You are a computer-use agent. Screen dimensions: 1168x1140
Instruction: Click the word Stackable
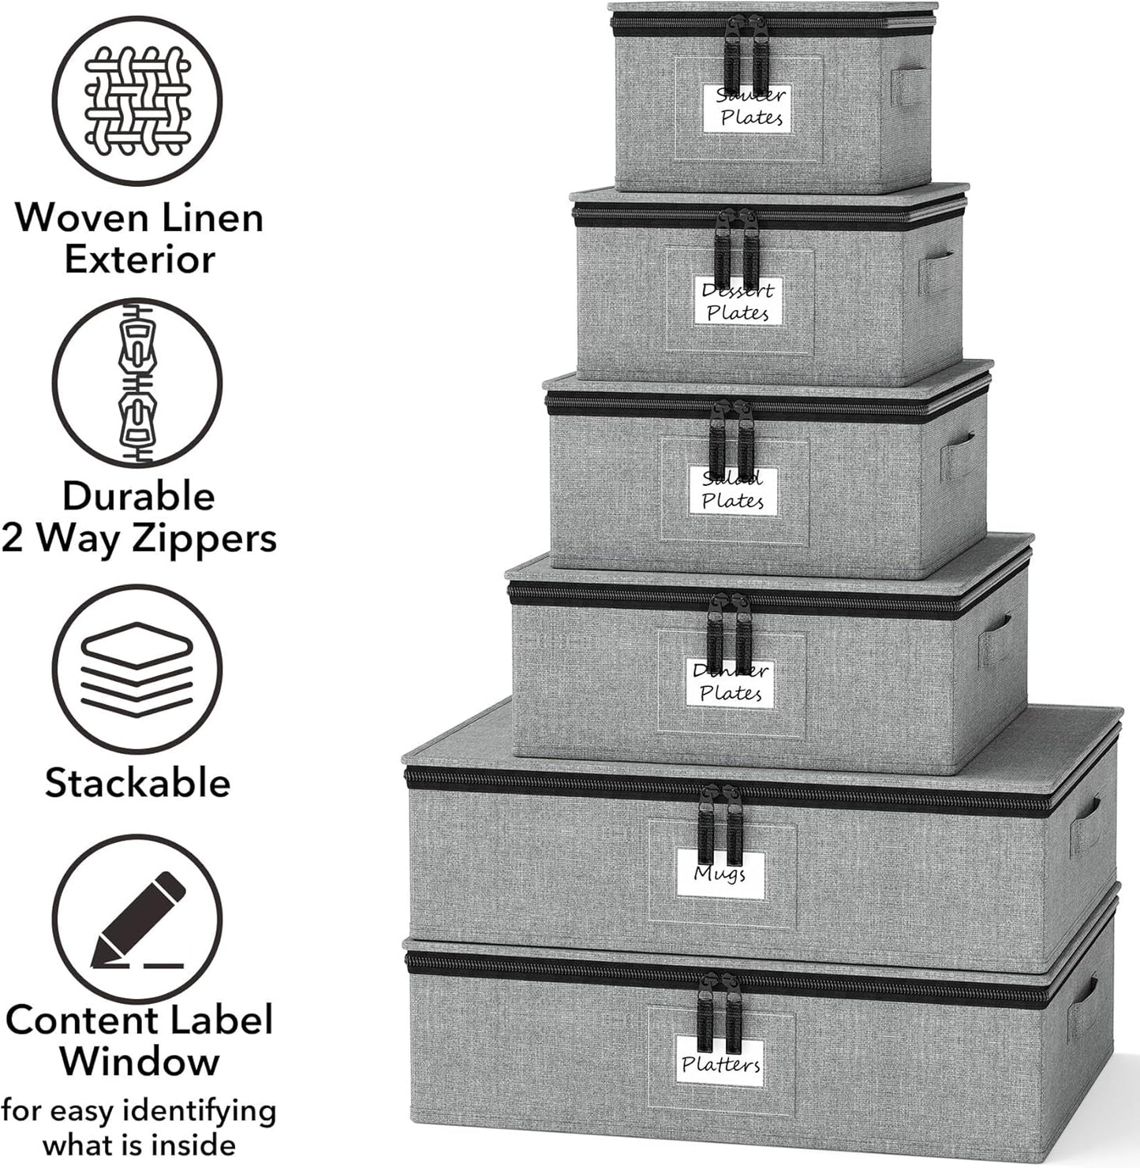[137, 783]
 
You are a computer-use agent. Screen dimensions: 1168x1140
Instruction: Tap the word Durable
[139, 497]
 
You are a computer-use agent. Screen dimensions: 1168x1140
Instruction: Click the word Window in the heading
[139, 1061]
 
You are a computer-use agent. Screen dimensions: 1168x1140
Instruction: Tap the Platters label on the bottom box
[721, 1065]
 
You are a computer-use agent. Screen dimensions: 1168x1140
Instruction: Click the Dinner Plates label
[731, 683]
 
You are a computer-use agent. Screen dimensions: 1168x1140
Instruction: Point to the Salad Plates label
[733, 491]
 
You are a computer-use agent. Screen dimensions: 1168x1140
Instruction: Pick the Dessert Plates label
[738, 302]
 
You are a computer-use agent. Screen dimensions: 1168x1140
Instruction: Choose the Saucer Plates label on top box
[751, 107]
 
